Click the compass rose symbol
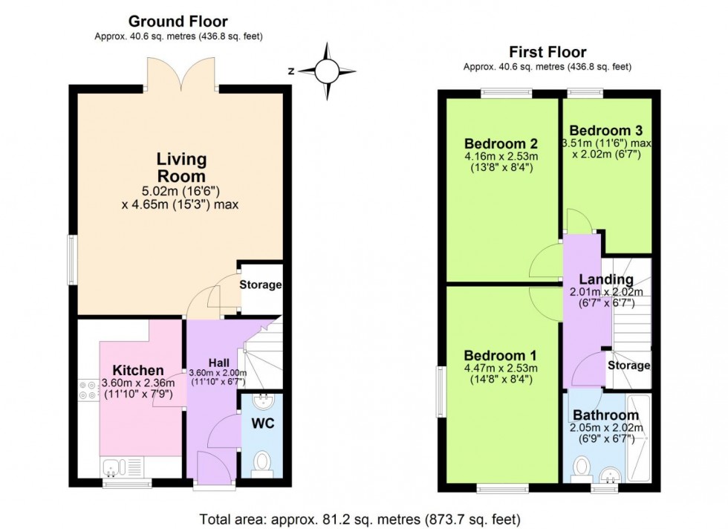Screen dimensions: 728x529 tap(327, 71)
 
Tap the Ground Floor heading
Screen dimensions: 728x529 tap(178, 22)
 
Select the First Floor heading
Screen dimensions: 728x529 tap(547, 51)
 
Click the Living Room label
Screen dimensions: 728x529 tap(181, 167)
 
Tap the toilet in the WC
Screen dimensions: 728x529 tap(261, 463)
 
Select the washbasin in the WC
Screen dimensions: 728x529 tap(263, 400)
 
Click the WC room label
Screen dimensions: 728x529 tap(263, 423)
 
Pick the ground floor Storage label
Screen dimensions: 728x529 tap(261, 285)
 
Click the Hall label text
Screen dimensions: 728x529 tap(218, 363)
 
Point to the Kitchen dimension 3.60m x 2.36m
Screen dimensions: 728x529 tap(138, 383)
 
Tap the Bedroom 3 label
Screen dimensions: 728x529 tap(606, 131)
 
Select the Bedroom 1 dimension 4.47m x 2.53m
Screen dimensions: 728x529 tap(501, 369)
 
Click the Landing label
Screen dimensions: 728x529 tap(606, 279)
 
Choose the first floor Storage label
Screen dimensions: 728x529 tap(628, 366)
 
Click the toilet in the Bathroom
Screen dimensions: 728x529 tap(581, 467)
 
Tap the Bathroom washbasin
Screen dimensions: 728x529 tap(610, 475)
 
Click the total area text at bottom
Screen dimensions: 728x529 tap(360, 519)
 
